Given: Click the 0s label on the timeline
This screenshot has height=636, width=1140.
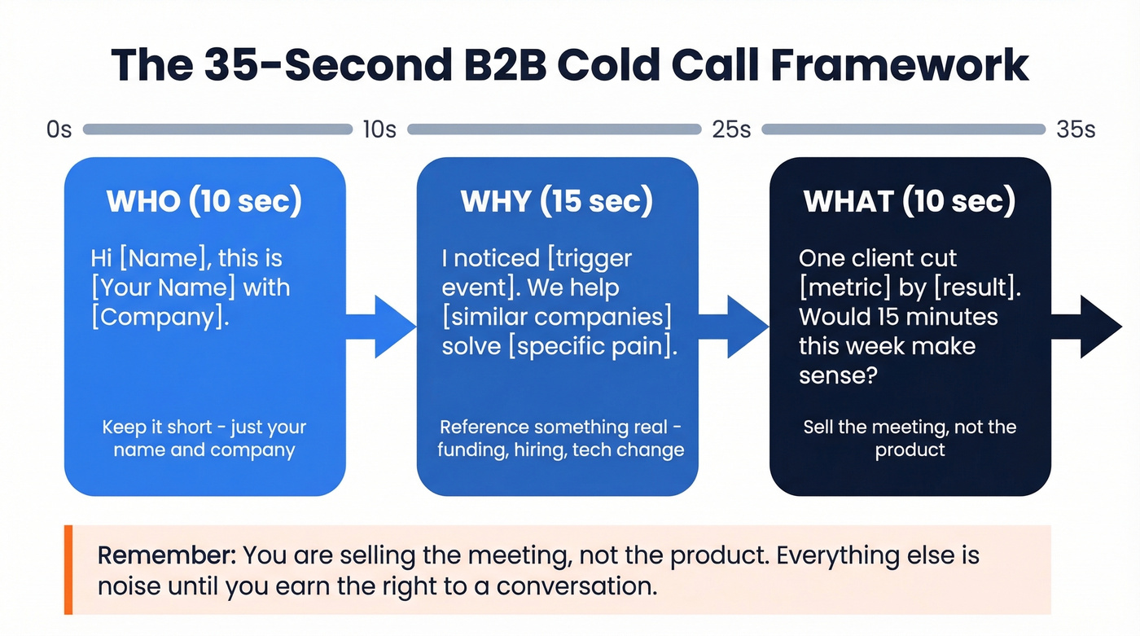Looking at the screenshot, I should pos(59,129).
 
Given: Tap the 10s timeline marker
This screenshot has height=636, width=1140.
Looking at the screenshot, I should pos(379,129).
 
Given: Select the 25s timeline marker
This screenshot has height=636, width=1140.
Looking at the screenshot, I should pos(731,129).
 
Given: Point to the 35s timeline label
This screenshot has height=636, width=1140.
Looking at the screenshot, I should pos(1075,129).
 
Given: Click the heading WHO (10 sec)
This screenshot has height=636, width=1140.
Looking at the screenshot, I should pos(204,202).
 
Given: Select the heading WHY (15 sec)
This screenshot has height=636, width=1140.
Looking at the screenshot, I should pos(557,202).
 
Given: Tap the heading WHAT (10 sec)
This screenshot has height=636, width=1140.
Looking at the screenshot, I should pos(910,202).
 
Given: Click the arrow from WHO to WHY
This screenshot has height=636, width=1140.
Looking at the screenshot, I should pos(381,327).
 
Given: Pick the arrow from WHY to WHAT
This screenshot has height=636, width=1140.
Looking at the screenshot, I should pos(734,327).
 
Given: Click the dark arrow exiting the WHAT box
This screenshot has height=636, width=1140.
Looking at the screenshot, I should pos(1086,327).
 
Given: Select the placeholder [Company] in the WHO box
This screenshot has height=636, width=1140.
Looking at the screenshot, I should pos(160,317).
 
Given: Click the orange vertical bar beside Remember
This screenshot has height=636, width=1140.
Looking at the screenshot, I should pos(68,569).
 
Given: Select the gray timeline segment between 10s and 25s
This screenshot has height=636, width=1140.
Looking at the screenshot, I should pos(554,129).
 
